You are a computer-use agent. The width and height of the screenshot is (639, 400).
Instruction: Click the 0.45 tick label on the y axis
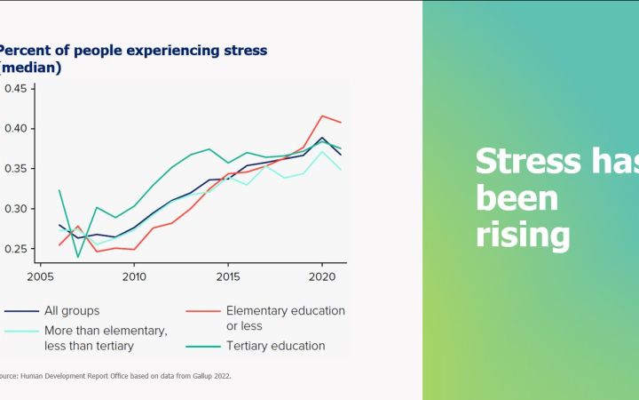18,89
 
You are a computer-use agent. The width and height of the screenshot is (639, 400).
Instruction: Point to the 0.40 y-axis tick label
18,129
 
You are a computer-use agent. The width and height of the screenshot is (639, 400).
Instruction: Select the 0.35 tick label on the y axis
18,169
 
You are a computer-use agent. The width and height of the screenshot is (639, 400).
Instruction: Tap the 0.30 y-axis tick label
18,209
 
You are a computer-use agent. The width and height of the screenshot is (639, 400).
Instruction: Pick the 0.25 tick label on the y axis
18,249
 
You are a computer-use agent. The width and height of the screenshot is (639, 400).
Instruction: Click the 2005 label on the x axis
41,276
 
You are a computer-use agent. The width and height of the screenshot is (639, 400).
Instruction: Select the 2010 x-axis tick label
134,276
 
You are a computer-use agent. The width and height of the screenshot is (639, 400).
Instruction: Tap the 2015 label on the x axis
227,276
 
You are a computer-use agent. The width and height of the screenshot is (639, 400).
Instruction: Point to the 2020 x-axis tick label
320,276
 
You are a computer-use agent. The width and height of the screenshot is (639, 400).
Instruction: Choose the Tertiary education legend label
275,345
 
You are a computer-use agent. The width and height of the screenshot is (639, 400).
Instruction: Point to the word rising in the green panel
522,235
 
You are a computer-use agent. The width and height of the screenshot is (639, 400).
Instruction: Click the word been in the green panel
517,198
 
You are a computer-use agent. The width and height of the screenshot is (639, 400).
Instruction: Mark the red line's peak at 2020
320,116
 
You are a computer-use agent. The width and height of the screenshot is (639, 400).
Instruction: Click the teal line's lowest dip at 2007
78,257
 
